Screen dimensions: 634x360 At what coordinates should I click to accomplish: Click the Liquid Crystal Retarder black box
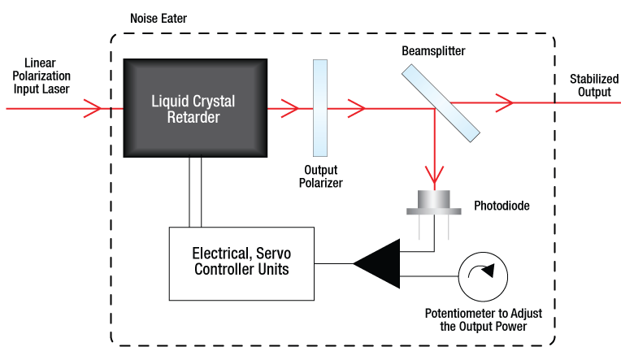pyautogui.click(x=195, y=108)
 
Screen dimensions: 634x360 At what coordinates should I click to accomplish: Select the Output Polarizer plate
pyautogui.click(x=320, y=108)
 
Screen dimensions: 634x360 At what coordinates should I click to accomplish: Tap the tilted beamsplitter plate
pyautogui.click(x=441, y=103)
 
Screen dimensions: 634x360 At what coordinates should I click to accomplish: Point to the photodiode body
pyautogui.click(x=434, y=202)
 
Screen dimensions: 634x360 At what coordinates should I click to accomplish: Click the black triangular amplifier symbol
pyautogui.click(x=377, y=264)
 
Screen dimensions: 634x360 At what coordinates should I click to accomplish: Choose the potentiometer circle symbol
pyautogui.click(x=483, y=277)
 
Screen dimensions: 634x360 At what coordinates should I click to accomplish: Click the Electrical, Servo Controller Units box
pyautogui.click(x=241, y=264)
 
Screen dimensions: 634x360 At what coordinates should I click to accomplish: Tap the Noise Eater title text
pyautogui.click(x=158, y=19)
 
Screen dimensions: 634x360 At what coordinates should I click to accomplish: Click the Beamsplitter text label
pyautogui.click(x=433, y=51)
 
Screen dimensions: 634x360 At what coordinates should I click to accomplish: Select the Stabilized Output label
pyautogui.click(x=594, y=85)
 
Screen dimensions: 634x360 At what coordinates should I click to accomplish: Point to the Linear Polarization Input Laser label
pyautogui.click(x=41, y=76)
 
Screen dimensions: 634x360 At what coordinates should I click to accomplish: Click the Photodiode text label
pyautogui.click(x=502, y=206)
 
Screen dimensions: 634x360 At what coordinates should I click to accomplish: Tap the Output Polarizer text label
pyautogui.click(x=320, y=176)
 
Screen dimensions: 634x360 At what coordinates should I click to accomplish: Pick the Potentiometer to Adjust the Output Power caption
pyautogui.click(x=484, y=319)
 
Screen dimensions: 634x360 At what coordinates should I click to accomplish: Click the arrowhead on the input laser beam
pyautogui.click(x=92, y=108)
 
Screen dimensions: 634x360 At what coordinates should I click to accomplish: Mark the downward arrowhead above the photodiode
pyautogui.click(x=434, y=175)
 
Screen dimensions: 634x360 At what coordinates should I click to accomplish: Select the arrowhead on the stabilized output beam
pyautogui.click(x=504, y=103)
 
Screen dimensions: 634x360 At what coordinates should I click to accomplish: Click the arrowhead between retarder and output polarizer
pyautogui.click(x=290, y=108)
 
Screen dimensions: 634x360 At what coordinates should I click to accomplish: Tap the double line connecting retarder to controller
pyautogui.click(x=195, y=192)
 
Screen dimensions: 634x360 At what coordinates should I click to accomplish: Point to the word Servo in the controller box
pyautogui.click(x=273, y=254)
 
